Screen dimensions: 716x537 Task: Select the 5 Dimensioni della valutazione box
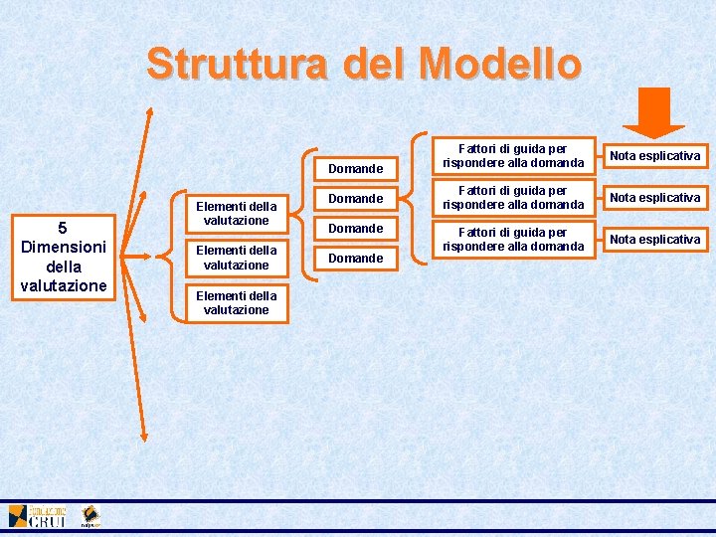pyautogui.click(x=63, y=257)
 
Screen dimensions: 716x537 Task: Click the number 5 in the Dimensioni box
pyautogui.click(x=63, y=228)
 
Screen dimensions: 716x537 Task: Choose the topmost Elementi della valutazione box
pyautogui.click(x=237, y=213)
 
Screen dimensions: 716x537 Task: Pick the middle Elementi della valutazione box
pyautogui.click(x=237, y=258)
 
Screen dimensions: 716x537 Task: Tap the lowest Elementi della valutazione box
pyautogui.click(x=237, y=302)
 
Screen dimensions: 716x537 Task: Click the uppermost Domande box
pyautogui.click(x=356, y=168)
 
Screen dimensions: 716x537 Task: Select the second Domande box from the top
pyautogui.click(x=356, y=198)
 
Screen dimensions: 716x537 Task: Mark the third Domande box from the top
pyautogui.click(x=356, y=228)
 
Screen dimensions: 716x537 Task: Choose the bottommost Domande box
pyautogui.click(x=356, y=258)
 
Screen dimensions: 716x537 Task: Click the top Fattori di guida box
pyautogui.click(x=514, y=155)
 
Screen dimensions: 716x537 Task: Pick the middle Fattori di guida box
pyautogui.click(x=514, y=197)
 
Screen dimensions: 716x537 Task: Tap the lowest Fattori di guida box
pyautogui.click(x=514, y=239)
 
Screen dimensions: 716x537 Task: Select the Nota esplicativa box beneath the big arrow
pyautogui.click(x=654, y=155)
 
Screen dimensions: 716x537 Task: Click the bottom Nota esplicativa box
pyautogui.click(x=654, y=239)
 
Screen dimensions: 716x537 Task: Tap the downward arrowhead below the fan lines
pyautogui.click(x=144, y=435)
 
